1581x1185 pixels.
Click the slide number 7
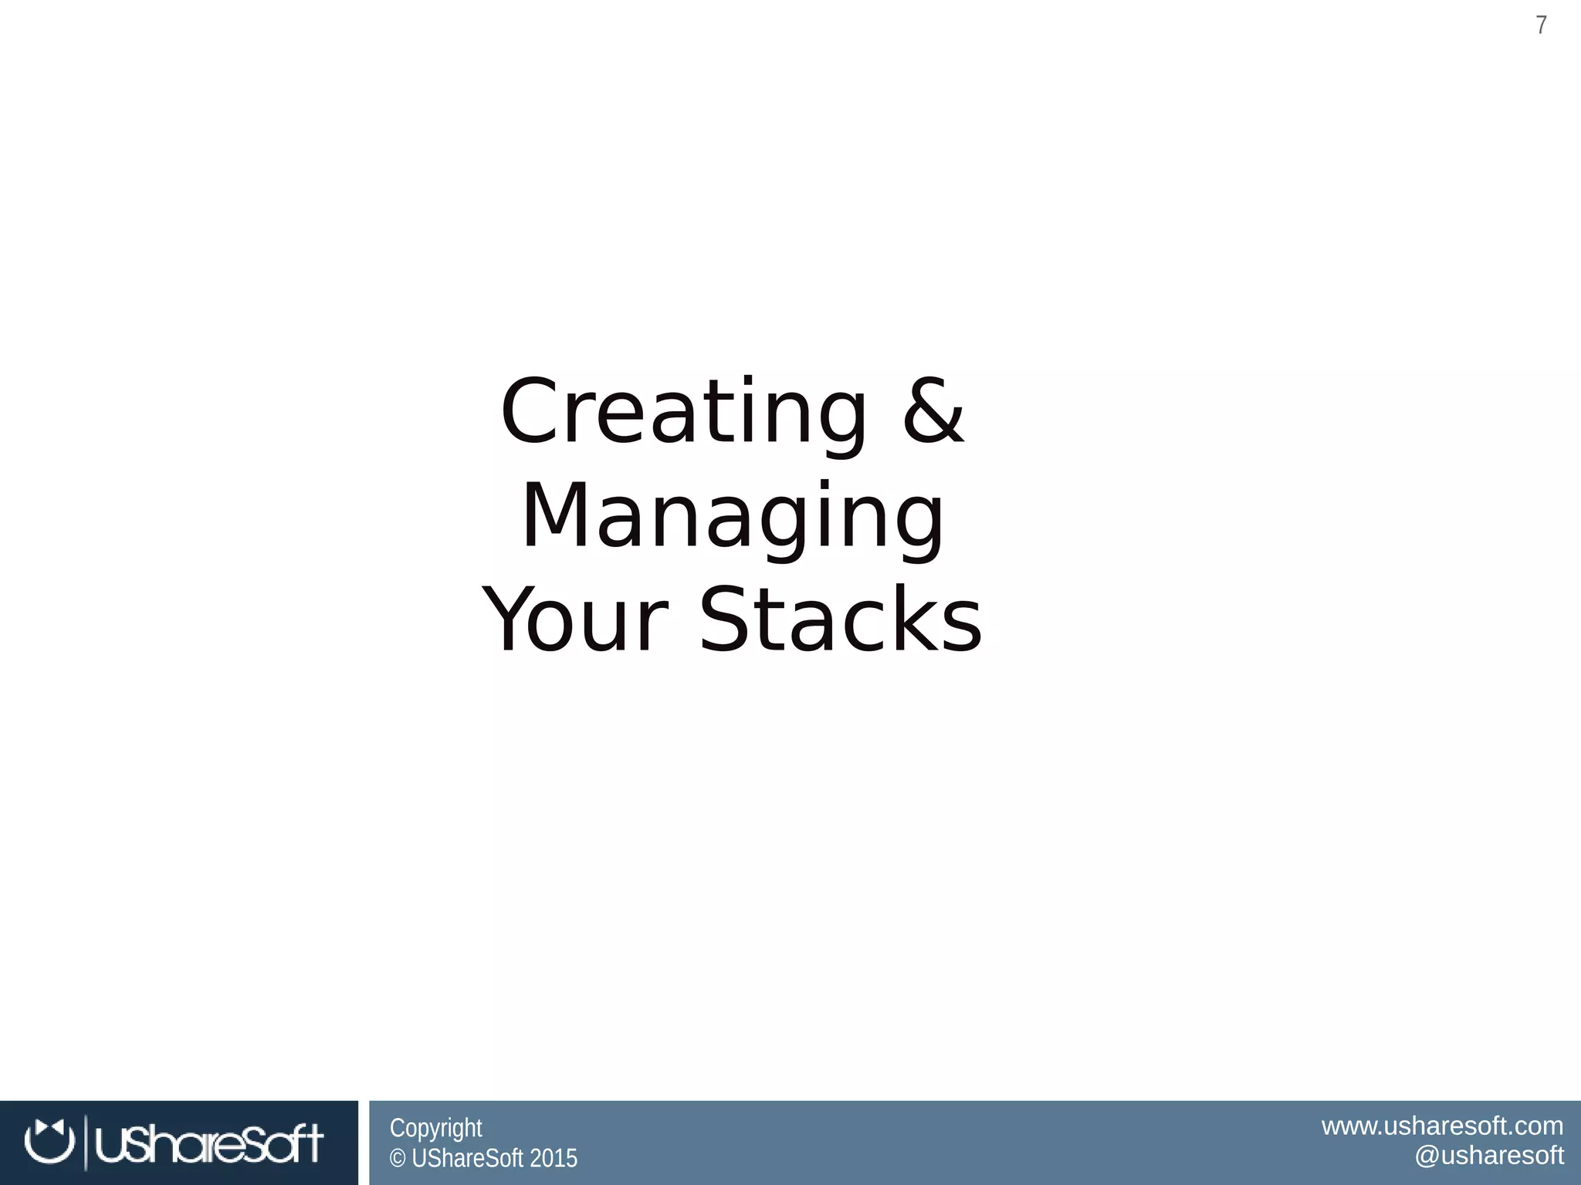(x=1541, y=25)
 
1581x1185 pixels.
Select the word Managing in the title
(x=733, y=517)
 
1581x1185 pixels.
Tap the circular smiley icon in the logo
(x=49, y=1142)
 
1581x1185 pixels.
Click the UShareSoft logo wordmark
(x=208, y=1143)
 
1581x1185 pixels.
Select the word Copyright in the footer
(x=435, y=1128)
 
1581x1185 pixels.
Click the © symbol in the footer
(x=398, y=1159)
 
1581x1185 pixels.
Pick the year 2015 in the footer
(x=553, y=1159)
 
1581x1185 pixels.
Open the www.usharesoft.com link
(x=1442, y=1126)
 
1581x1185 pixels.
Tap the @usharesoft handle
(x=1488, y=1156)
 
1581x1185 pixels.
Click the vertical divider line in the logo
(x=85, y=1143)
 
